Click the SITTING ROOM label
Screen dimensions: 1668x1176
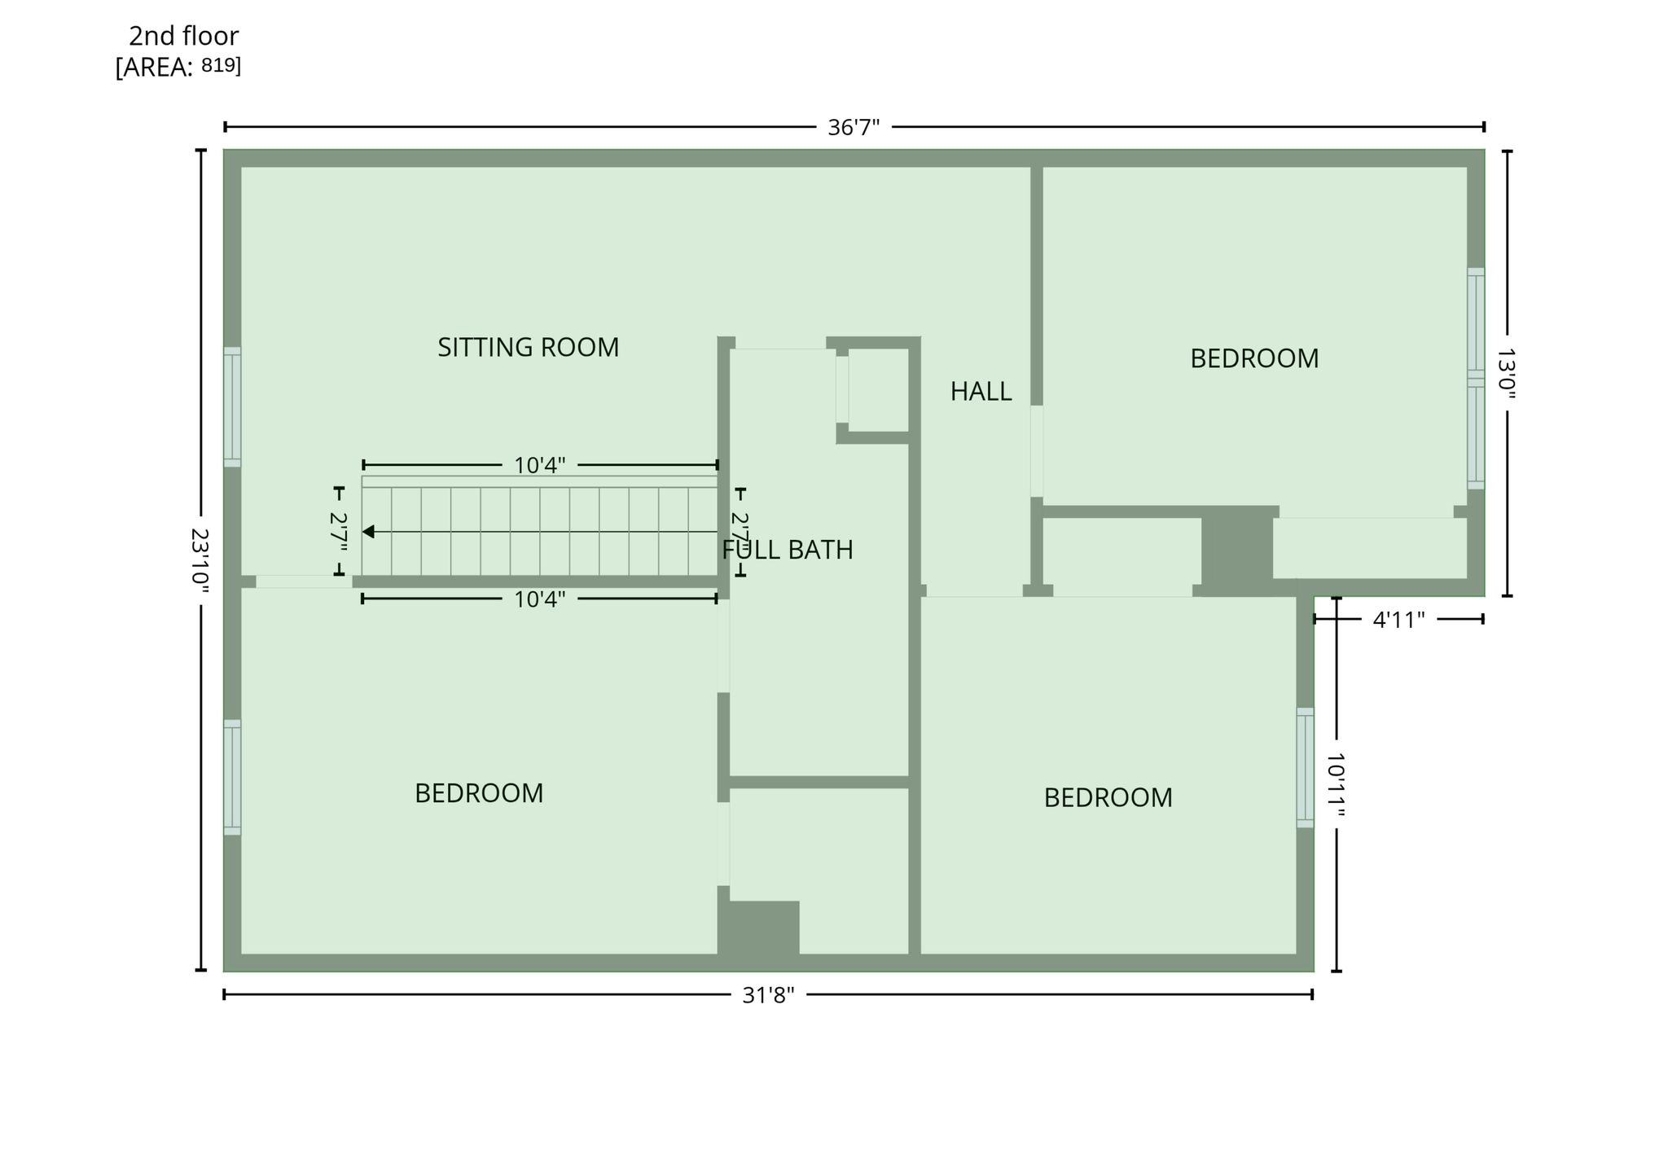tap(528, 348)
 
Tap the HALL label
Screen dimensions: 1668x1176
tap(981, 392)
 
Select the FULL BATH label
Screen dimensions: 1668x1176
tap(788, 550)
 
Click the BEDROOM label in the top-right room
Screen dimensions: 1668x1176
tap(1254, 358)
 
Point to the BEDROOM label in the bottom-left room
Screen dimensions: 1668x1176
tap(479, 793)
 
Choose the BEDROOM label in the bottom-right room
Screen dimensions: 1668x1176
tap(1108, 797)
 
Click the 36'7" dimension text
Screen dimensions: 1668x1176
tap(854, 128)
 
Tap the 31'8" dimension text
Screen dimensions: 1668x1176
tap(768, 995)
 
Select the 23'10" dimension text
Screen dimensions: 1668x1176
tap(200, 561)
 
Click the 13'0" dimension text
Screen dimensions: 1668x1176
tap(1507, 375)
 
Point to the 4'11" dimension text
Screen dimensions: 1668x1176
tap(1398, 620)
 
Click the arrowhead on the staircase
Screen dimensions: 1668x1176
tap(368, 532)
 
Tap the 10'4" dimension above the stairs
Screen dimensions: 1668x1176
tap(539, 466)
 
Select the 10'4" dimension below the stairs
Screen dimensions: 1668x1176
tap(539, 599)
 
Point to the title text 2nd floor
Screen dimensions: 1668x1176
tap(183, 36)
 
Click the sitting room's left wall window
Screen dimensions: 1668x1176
tap(232, 407)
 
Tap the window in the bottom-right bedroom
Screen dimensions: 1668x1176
tap(1305, 768)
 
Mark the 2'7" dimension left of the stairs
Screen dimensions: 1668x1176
tap(339, 532)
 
